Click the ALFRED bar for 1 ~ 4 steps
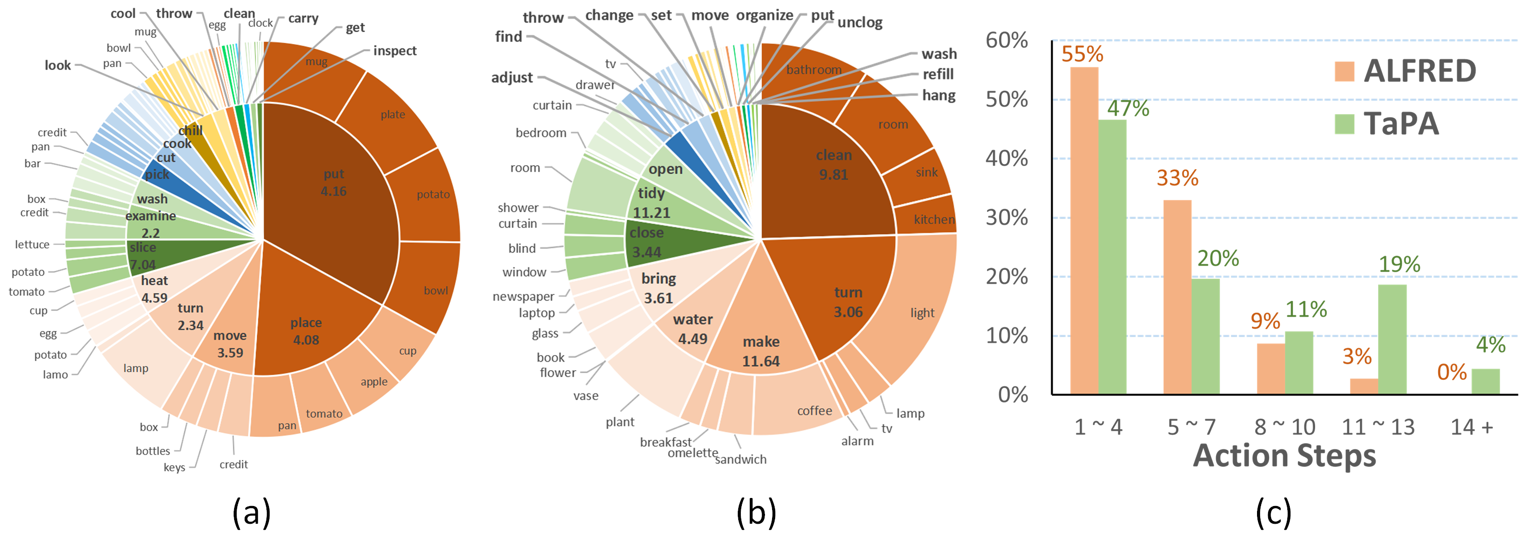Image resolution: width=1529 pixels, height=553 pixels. (x=1084, y=232)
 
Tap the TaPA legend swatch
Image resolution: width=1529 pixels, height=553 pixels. (x=1344, y=124)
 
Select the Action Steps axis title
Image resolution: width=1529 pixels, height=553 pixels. (x=1284, y=456)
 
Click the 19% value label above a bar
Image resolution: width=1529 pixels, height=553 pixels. (x=1399, y=264)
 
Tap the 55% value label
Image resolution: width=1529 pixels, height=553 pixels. (x=1082, y=54)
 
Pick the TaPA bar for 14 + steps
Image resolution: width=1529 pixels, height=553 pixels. (x=1485, y=381)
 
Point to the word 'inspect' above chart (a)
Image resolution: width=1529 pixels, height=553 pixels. (x=395, y=51)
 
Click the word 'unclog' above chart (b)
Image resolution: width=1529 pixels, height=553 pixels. (x=859, y=23)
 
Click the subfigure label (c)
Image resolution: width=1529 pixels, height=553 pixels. (x=1273, y=513)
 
